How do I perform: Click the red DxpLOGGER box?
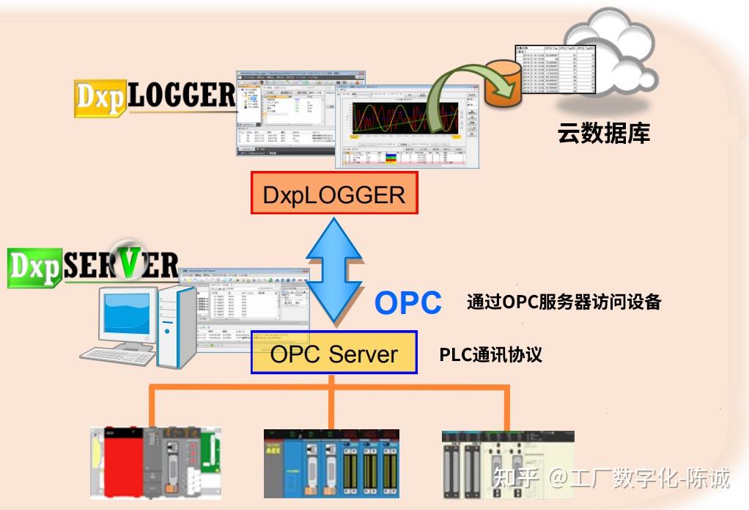click(334, 194)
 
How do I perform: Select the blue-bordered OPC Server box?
click(334, 353)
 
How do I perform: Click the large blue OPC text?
click(407, 303)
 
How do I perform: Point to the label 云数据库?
click(603, 134)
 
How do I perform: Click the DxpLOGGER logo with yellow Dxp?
click(155, 97)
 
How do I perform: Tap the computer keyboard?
click(117, 356)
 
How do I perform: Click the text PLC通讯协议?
click(490, 354)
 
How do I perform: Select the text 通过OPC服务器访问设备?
click(564, 302)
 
